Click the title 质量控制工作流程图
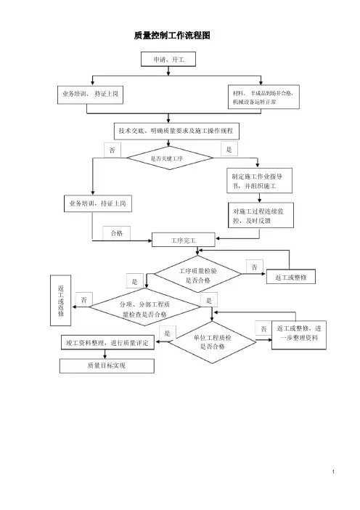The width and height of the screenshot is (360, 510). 172,35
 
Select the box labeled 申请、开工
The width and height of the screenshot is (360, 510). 168,59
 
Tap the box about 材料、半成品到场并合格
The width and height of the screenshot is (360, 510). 263,97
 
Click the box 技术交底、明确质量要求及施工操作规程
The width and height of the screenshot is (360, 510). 177,131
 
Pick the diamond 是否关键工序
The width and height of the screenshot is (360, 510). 170,158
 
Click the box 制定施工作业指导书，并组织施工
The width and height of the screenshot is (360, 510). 259,180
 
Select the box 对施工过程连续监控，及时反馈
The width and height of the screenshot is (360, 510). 261,215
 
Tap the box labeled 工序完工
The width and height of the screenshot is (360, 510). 183,240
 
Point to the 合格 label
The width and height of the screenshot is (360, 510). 117,233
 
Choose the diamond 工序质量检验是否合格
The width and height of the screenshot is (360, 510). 197,274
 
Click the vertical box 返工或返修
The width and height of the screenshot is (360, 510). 60,301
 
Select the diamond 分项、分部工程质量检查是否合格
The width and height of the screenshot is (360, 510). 145,307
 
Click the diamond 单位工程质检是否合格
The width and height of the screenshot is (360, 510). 213,342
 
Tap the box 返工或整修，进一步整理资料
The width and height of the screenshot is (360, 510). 299,335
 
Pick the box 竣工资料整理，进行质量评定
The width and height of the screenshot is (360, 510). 107,343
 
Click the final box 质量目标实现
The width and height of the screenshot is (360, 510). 107,365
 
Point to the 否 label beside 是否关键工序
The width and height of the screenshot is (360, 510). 112,150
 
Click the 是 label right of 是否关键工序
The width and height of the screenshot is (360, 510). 229,149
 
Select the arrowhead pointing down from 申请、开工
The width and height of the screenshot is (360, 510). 168,73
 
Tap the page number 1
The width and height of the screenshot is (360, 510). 333,471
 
